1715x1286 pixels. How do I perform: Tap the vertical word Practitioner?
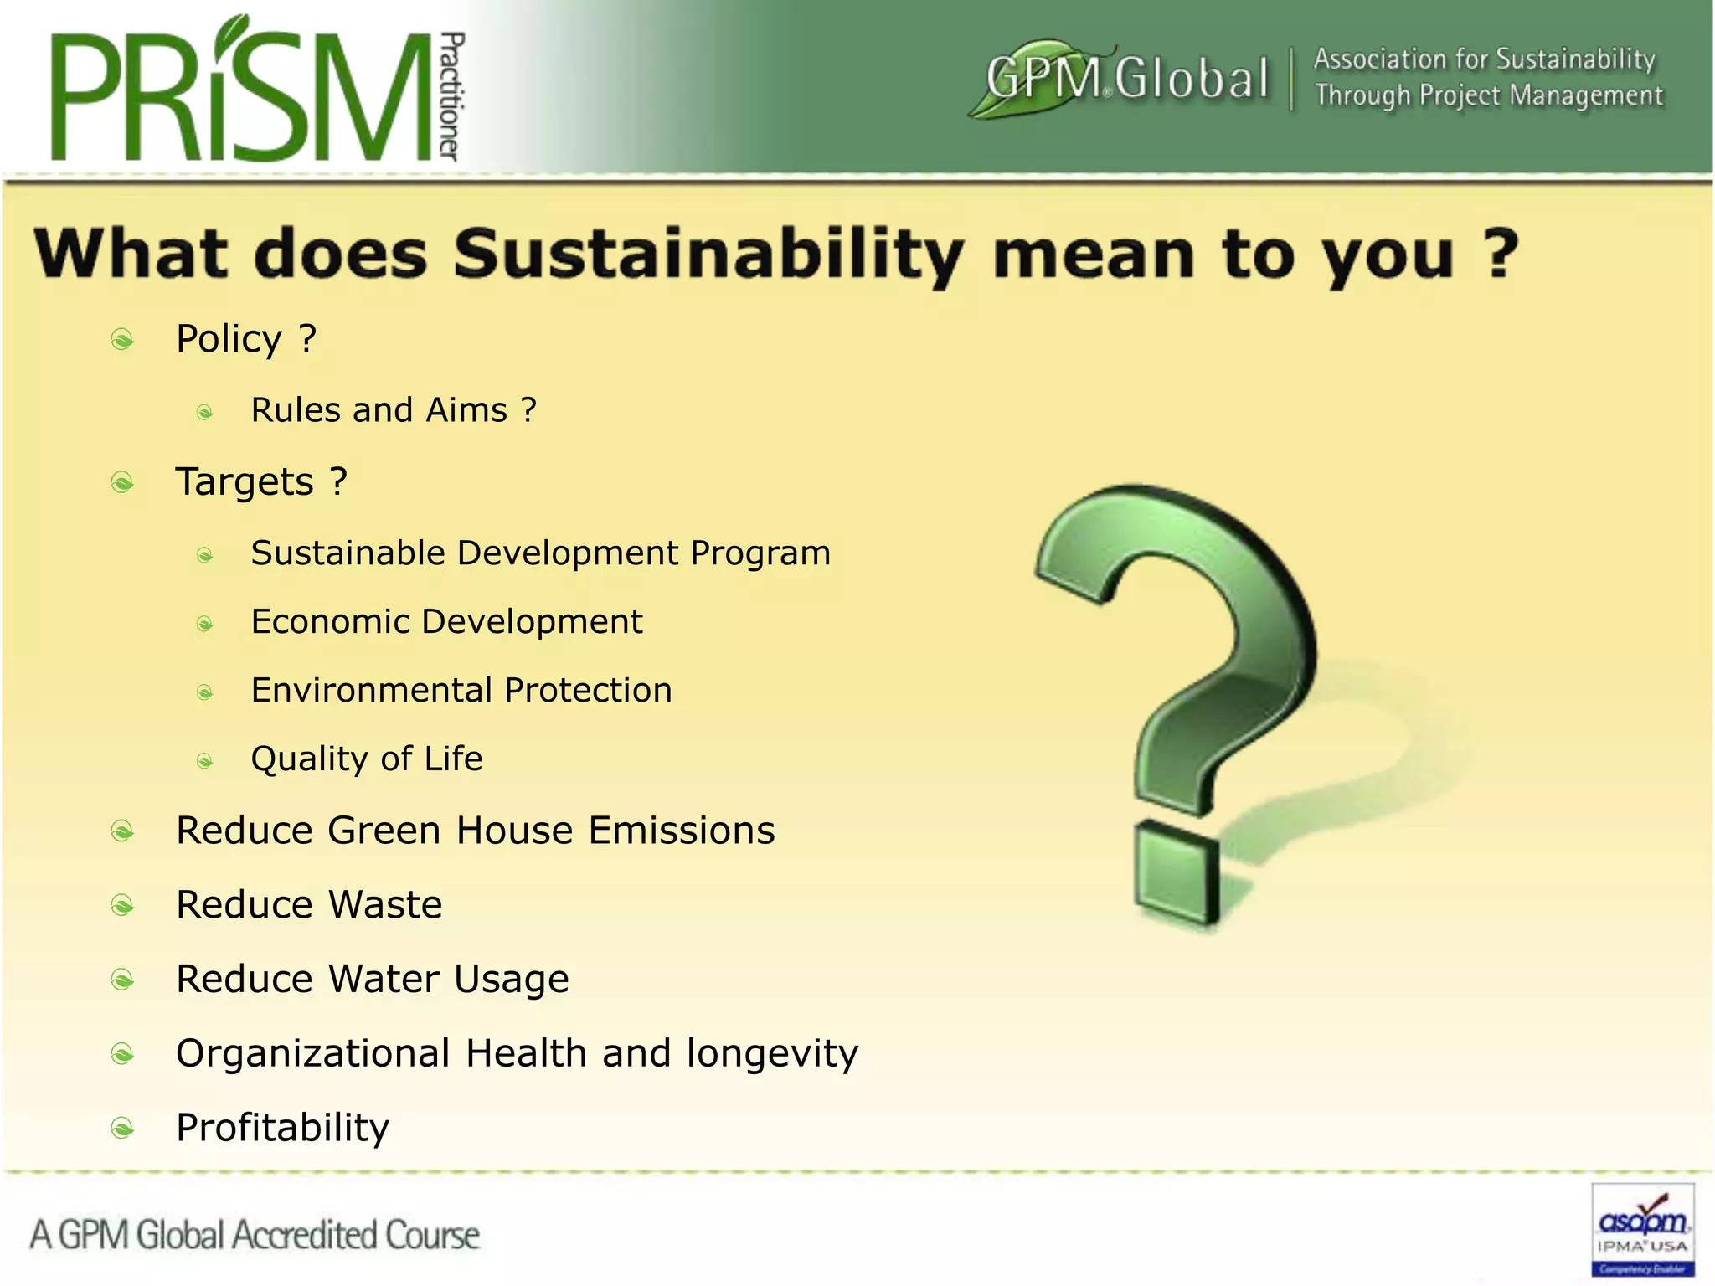(451, 96)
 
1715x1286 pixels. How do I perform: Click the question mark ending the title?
(1500, 253)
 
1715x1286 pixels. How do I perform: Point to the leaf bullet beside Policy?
(122, 340)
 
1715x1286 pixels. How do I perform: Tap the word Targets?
(245, 482)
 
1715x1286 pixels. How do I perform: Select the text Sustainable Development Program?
(541, 553)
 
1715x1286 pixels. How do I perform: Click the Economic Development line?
(446, 622)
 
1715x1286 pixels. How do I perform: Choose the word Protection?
(588, 691)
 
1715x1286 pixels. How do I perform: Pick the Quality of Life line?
(367, 759)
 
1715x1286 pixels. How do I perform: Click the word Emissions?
(682, 831)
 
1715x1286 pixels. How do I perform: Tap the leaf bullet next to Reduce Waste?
(122, 906)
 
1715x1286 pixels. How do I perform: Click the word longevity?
(772, 1054)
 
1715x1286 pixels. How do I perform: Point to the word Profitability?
(283, 1128)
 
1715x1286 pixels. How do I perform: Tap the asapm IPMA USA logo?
(1642, 1229)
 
